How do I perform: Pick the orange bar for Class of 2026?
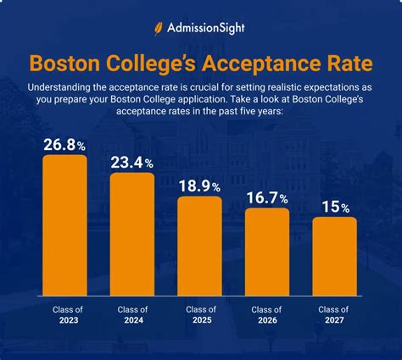pos(267,249)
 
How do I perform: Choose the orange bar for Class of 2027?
pos(334,253)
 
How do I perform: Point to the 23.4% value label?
pos(132,161)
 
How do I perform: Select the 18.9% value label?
pos(199,185)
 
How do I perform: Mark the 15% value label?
pos(334,206)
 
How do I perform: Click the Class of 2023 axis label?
pos(64,315)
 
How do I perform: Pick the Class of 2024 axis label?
pos(132,315)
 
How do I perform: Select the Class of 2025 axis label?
pos(199,315)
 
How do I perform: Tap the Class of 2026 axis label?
pos(267,315)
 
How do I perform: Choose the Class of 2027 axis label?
pos(334,315)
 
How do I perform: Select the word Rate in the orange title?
pos(343,64)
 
